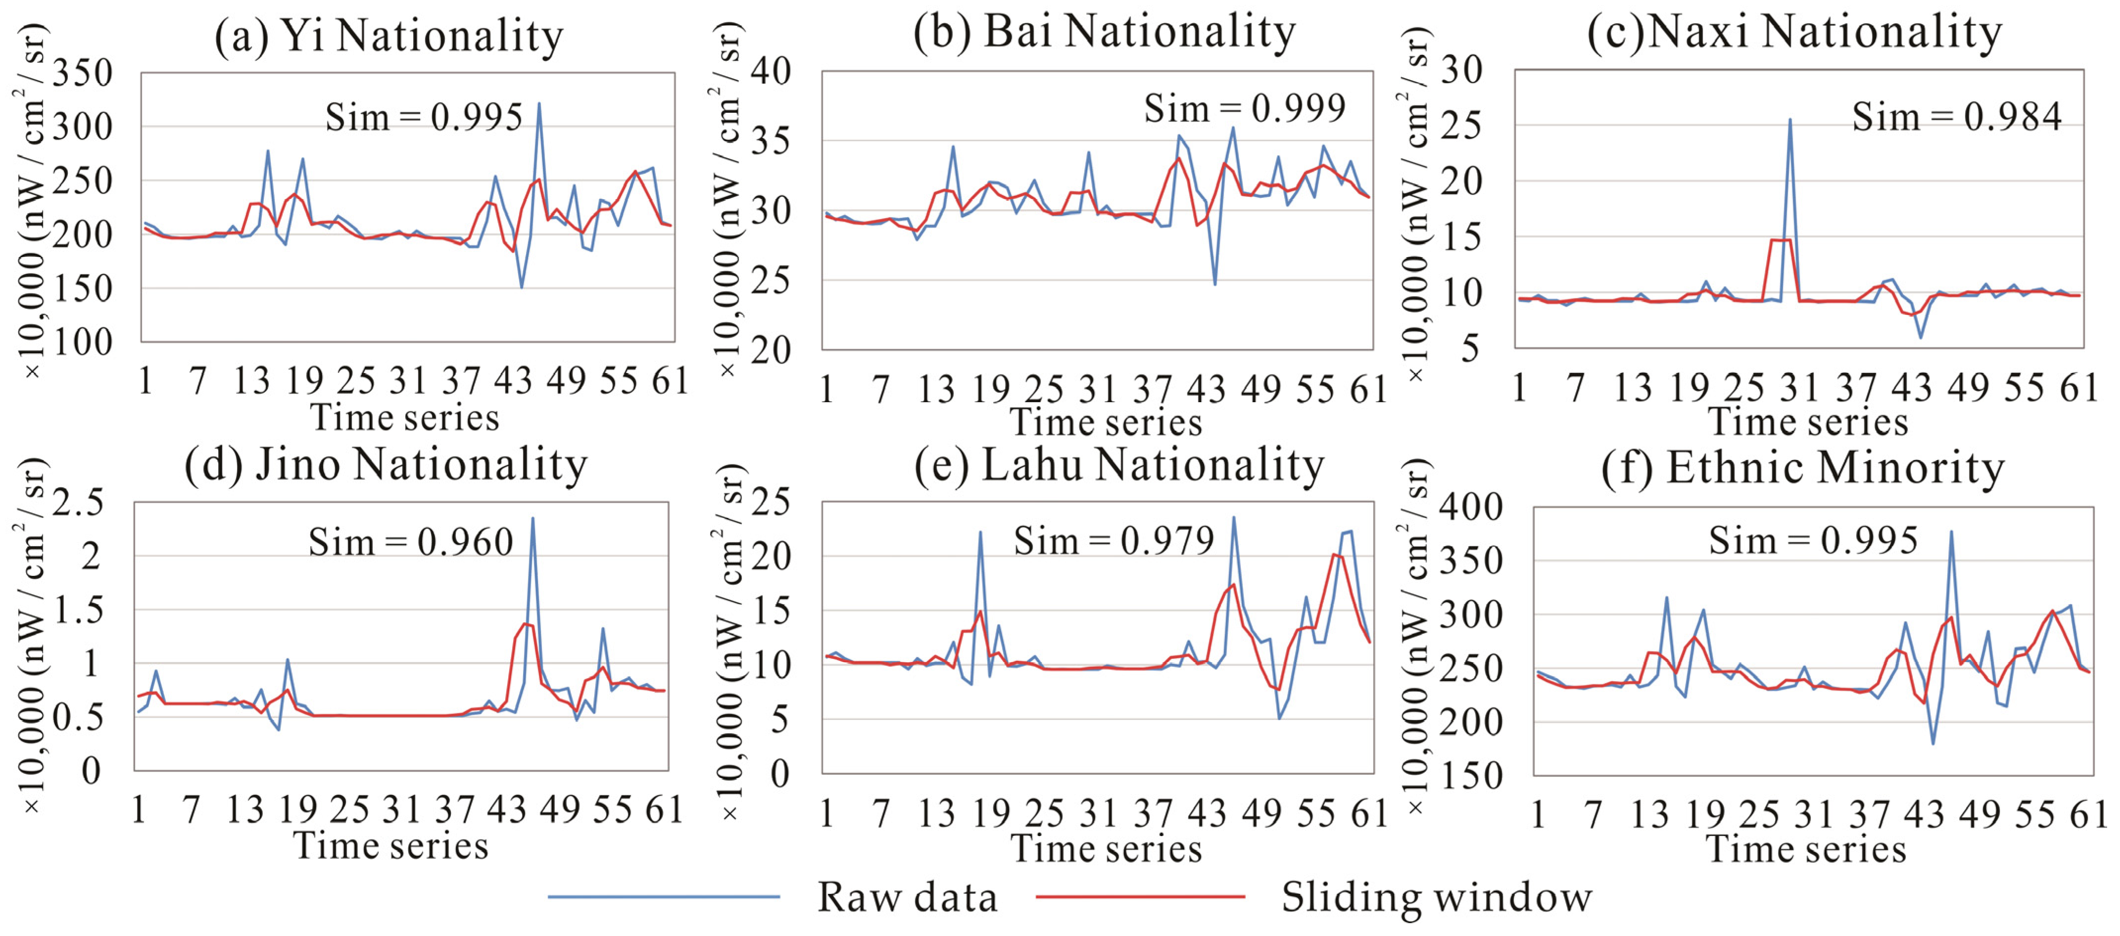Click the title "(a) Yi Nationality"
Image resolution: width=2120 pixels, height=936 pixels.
(x=388, y=36)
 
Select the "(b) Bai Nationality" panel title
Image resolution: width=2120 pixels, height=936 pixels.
(x=1105, y=33)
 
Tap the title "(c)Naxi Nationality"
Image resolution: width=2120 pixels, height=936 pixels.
(x=1794, y=33)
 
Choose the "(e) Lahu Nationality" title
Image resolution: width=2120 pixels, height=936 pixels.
(x=1119, y=466)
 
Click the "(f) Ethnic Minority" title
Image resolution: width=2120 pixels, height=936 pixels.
(x=1802, y=468)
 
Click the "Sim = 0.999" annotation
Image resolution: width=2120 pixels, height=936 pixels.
(x=1245, y=108)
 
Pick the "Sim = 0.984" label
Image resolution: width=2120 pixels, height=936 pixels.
(x=1956, y=117)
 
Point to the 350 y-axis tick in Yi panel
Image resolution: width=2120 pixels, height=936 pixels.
(x=82, y=73)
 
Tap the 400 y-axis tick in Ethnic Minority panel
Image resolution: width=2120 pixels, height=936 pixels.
(x=1471, y=508)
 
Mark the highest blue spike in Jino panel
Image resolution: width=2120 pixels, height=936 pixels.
(x=532, y=518)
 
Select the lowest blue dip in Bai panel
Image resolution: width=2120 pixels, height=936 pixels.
(x=1215, y=284)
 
